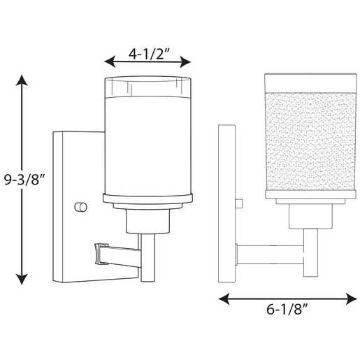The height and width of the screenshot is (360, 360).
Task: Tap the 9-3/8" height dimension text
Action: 24,180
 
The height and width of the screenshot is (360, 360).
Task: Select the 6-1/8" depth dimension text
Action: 287,310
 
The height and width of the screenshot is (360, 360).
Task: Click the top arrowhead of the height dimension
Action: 22,80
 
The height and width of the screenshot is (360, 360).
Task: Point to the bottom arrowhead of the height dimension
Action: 22,279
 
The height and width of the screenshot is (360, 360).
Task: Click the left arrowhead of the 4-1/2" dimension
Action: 110,62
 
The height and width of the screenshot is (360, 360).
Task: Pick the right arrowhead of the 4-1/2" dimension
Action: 185,62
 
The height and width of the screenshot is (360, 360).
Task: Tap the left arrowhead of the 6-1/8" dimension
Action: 224,298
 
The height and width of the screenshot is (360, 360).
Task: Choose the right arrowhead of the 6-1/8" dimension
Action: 352,298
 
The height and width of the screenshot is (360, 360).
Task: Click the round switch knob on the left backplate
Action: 80,207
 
